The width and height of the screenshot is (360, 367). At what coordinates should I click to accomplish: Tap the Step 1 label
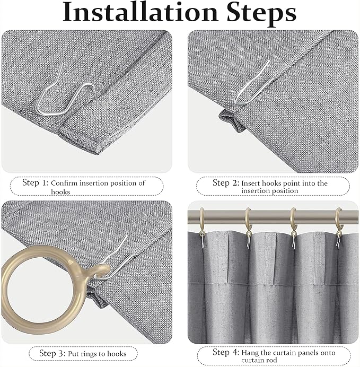(35, 182)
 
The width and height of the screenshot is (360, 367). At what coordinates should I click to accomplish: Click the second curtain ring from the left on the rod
(247, 223)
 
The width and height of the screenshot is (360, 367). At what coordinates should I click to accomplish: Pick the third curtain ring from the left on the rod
(293, 223)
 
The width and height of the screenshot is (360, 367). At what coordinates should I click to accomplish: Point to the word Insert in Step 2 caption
(252, 183)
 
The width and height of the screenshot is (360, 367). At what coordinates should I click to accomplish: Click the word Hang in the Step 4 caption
(251, 352)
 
